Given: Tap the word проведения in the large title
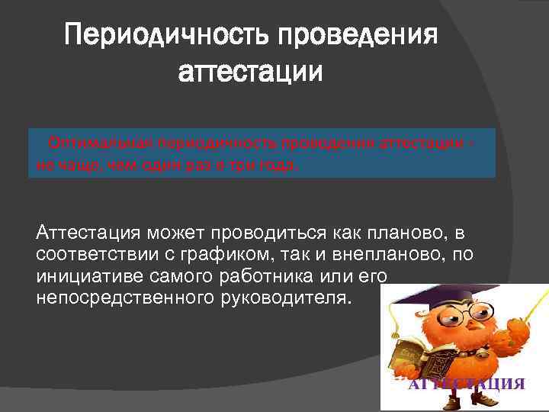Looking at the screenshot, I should click(x=359, y=35).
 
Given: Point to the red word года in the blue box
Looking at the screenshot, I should click(x=283, y=164).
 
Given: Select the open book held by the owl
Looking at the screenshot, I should click(x=416, y=350).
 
